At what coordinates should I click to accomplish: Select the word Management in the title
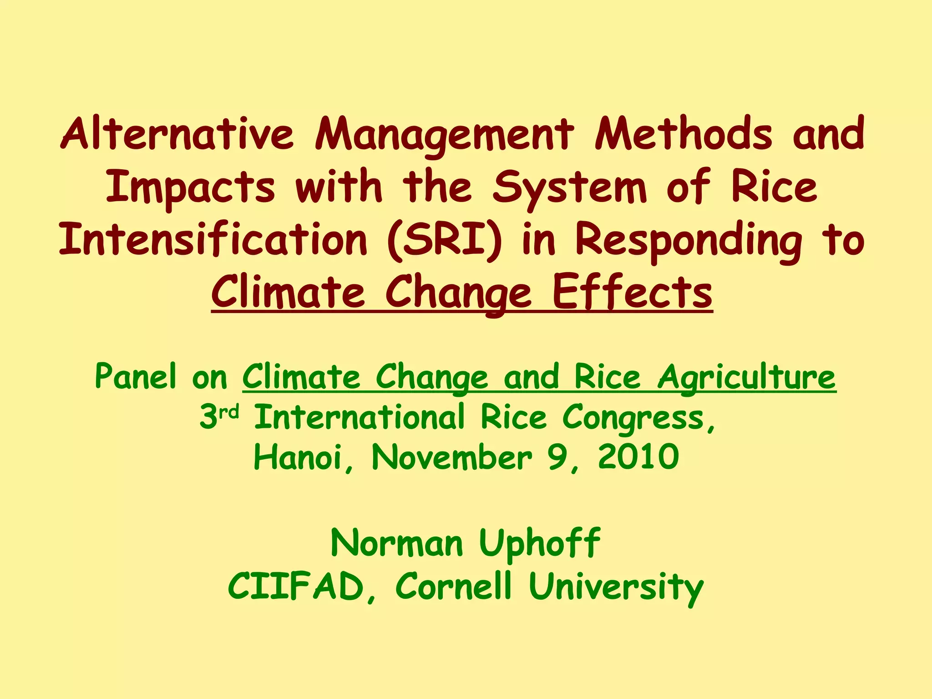point(444,134)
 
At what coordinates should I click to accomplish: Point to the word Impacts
point(191,187)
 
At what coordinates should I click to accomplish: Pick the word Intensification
point(213,240)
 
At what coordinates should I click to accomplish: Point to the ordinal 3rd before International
point(219,416)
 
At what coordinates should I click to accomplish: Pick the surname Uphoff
point(540,543)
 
